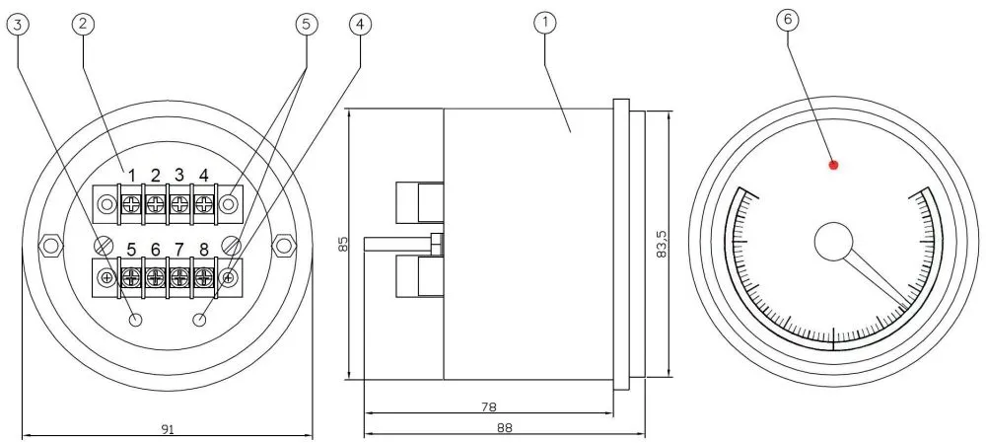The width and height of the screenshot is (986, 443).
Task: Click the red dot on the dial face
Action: click(x=833, y=165)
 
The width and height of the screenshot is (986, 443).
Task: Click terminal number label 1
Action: click(x=131, y=176)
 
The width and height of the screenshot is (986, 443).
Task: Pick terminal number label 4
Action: click(x=203, y=176)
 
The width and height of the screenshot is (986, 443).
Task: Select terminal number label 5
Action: click(x=131, y=250)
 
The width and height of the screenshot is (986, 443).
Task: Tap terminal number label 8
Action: click(x=203, y=250)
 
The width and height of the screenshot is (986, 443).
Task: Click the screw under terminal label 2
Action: click(x=155, y=205)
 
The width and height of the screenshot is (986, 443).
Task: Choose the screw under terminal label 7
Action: click(x=178, y=277)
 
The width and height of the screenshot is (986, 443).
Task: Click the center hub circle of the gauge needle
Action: click(x=833, y=241)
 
